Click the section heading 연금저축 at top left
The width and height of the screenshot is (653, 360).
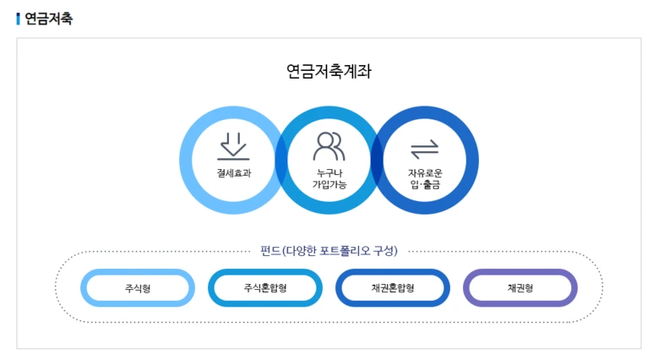tap(48, 19)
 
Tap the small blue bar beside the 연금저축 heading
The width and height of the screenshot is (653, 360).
tap(18, 19)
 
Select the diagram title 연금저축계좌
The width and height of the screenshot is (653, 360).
tap(329, 72)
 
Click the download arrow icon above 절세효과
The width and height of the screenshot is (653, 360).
tap(233, 146)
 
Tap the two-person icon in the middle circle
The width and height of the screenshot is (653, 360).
tap(329, 146)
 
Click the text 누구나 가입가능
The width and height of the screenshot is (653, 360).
tap(329, 178)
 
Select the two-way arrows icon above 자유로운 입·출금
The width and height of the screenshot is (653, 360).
tap(425, 149)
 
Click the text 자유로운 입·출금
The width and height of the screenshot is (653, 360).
tap(425, 178)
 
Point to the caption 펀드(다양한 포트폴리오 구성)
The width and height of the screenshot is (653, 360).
tap(329, 250)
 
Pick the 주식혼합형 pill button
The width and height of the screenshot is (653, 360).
tap(265, 288)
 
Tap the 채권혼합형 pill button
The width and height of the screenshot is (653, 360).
tap(393, 288)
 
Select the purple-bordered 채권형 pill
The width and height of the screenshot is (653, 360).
tap(520, 288)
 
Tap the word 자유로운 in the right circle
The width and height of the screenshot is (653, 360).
tap(425, 172)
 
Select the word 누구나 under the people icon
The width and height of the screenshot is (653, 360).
tap(329, 172)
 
